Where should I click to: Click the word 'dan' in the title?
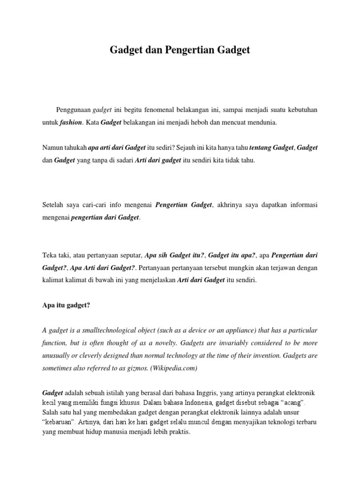click(x=150, y=50)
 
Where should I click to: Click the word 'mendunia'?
click(x=262, y=122)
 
